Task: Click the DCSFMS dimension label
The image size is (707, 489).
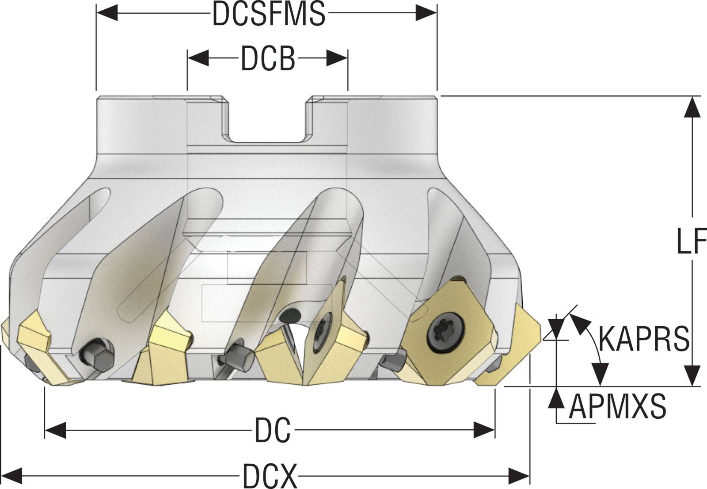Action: (269, 14)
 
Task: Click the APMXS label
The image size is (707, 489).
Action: (617, 407)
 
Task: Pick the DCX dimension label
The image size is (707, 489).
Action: (270, 476)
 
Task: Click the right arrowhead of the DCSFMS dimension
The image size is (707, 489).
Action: (426, 14)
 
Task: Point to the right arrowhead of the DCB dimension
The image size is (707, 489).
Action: (337, 58)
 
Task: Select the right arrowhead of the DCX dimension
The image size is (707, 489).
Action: (519, 476)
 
